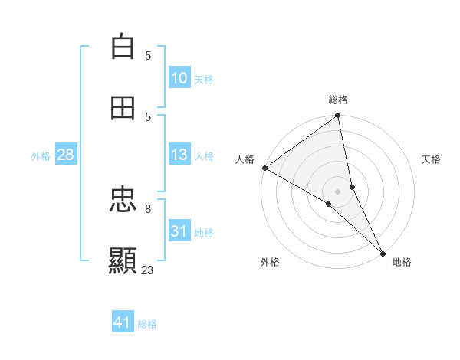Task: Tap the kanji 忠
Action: (123, 201)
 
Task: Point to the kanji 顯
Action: (123, 261)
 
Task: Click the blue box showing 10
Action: (179, 78)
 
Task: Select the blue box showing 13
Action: (179, 155)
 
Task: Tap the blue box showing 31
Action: (179, 231)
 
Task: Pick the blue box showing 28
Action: (65, 155)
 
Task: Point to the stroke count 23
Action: (148, 270)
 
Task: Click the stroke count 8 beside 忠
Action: (148, 208)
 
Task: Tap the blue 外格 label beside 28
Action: (41, 155)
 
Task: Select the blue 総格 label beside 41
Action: (147, 323)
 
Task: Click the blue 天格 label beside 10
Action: (204, 79)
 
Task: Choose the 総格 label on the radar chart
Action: (338, 100)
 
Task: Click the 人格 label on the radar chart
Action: (245, 159)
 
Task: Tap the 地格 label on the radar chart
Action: (402, 262)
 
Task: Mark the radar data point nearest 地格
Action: (383, 252)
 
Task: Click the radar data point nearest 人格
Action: (264, 168)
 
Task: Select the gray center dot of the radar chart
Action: (338, 191)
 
